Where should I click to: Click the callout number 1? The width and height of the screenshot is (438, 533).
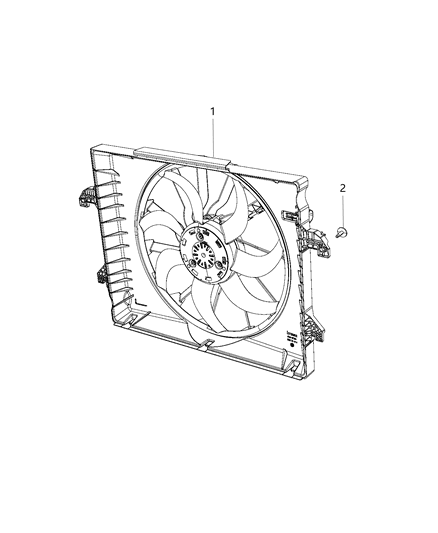click(212, 111)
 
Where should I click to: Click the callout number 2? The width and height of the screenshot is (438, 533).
click(342, 188)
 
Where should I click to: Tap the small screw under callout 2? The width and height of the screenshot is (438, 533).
click(343, 232)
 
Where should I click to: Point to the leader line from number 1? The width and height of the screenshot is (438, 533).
click(212, 134)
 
